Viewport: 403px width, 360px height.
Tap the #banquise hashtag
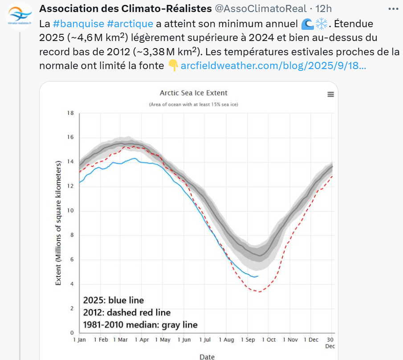tap(78, 24)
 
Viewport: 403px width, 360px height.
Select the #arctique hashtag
tap(130, 24)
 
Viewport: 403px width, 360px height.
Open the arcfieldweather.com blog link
tap(273, 66)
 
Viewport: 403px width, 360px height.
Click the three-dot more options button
tap(393, 8)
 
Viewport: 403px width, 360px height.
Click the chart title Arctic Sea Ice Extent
tap(193, 93)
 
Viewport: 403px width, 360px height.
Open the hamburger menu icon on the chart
tap(330, 94)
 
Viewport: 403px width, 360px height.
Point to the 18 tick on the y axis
tap(70, 113)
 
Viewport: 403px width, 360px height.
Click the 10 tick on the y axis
tap(70, 211)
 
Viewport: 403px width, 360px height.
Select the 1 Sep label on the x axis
tap(248, 340)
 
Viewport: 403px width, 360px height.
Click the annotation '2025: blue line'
tap(113, 300)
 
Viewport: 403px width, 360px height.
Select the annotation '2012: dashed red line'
tap(126, 312)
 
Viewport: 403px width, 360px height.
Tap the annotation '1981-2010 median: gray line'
tap(140, 324)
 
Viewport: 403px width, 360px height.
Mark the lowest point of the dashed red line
tap(258, 291)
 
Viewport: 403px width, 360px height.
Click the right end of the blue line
tap(258, 276)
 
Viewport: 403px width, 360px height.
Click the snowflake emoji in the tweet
tap(321, 24)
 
